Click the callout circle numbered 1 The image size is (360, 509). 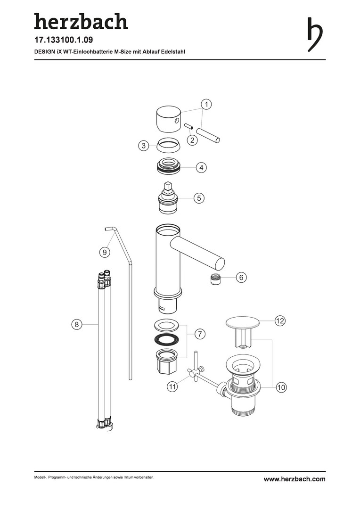point(206,104)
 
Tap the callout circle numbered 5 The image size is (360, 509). point(199,197)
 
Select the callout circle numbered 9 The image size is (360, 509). point(105,252)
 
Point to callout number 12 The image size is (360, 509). point(280,321)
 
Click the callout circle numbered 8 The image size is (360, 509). point(77,324)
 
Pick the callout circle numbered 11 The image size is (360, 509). point(172,386)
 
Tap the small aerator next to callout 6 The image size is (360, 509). point(214,279)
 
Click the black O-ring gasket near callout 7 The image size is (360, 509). point(166,339)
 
